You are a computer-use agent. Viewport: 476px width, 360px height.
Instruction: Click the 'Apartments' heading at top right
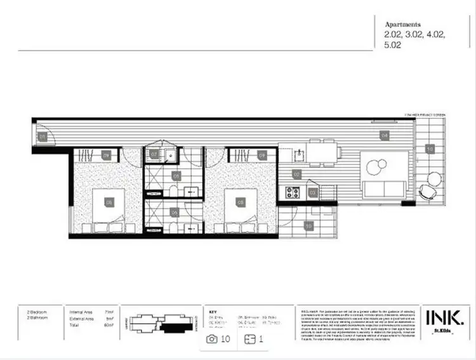pyautogui.click(x=402, y=25)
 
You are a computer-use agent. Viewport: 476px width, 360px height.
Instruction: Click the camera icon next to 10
pyautogui.click(x=212, y=340)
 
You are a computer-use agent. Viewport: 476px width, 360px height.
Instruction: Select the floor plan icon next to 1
pyautogui.click(x=249, y=340)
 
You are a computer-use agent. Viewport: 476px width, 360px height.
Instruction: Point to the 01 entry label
pyautogui.click(x=43, y=137)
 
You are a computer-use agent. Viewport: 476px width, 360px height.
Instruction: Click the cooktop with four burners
pyautogui.click(x=293, y=192)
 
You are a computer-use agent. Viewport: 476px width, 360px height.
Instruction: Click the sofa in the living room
pyautogui.click(x=384, y=188)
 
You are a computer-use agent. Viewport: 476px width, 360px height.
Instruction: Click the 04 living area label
pyautogui.click(x=384, y=135)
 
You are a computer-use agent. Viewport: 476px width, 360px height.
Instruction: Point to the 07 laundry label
pyautogui.click(x=154, y=154)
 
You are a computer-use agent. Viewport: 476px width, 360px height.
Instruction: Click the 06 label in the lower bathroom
pyautogui.click(x=175, y=214)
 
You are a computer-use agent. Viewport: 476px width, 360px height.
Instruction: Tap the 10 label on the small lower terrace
pyautogui.click(x=308, y=225)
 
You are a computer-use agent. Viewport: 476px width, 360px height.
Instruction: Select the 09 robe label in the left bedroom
pyautogui.click(x=107, y=154)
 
